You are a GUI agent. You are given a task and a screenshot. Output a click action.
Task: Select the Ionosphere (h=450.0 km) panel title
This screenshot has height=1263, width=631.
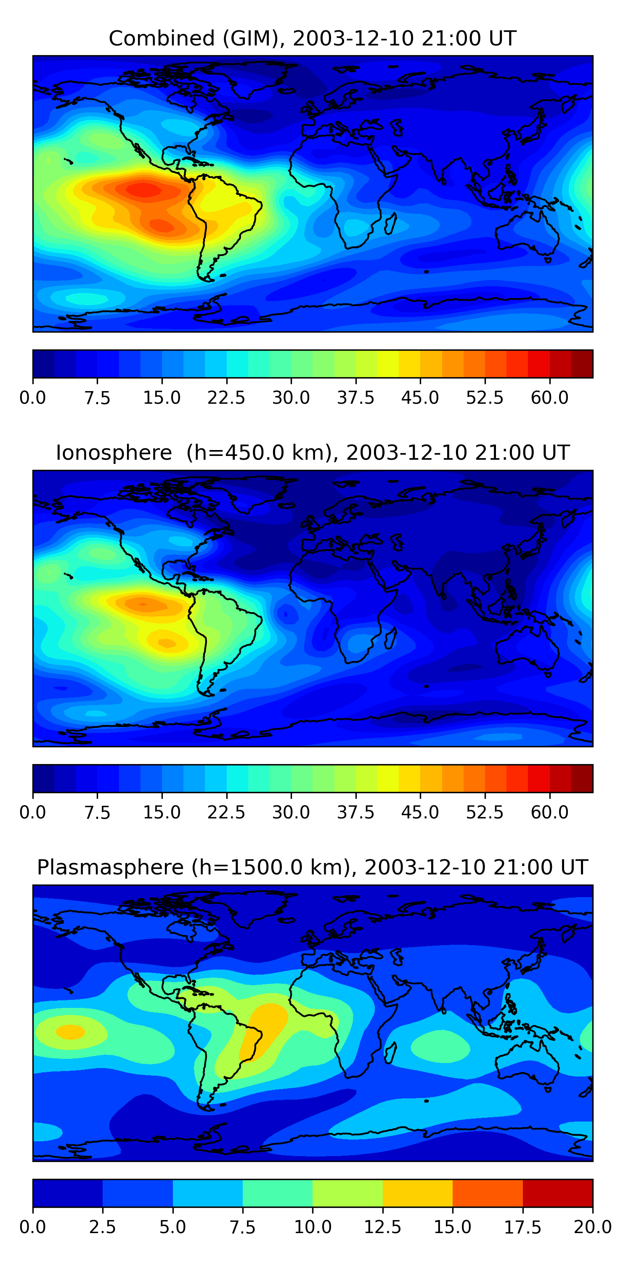(x=313, y=453)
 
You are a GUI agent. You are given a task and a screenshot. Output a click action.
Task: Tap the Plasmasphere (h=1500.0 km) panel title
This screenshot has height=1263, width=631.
(x=313, y=867)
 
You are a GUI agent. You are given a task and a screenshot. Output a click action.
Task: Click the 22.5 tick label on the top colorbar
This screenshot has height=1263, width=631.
(x=226, y=397)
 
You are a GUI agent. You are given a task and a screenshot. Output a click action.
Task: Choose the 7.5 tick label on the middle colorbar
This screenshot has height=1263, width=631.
(x=97, y=812)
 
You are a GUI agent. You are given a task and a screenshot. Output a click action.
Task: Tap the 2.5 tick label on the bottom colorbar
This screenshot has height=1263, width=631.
(x=102, y=1227)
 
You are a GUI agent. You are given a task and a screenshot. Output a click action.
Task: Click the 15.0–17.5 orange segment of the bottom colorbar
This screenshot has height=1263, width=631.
(x=488, y=1193)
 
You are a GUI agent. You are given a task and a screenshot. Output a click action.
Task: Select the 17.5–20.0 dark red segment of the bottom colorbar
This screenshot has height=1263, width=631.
(x=557, y=1193)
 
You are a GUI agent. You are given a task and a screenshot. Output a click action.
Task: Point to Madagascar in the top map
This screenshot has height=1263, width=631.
(x=390, y=224)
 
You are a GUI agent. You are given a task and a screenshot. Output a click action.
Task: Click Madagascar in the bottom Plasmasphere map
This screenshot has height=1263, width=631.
(x=390, y=1052)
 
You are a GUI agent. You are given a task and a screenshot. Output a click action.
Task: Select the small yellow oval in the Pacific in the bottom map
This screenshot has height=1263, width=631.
(x=71, y=1031)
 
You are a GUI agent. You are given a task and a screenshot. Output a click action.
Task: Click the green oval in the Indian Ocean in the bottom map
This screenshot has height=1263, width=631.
(x=440, y=1047)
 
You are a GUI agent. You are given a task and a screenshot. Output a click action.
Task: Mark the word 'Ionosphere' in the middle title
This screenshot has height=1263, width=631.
(x=114, y=453)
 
